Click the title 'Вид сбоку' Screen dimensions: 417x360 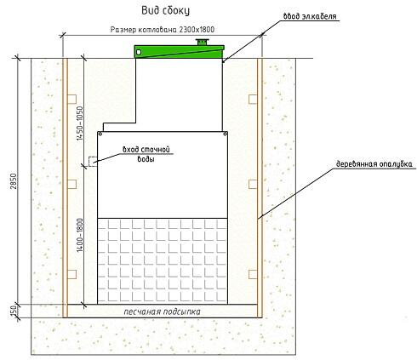pyautogui.click(x=165, y=11)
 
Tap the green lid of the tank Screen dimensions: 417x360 pyautogui.click(x=180, y=52)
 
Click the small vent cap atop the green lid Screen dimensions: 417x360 pyautogui.click(x=203, y=42)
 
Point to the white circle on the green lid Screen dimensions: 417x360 pyautogui.click(x=139, y=52)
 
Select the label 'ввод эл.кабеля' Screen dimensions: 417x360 pyautogui.click(x=310, y=16)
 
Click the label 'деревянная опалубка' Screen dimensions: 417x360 pyautogui.click(x=374, y=164)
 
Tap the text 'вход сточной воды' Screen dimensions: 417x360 pyautogui.click(x=146, y=154)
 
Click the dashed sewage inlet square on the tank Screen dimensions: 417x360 pyautogui.click(x=93, y=162)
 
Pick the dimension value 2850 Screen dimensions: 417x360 pyautogui.click(x=14, y=181)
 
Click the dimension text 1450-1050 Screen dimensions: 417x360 pyautogui.click(x=80, y=123)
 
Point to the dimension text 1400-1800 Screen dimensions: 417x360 pyautogui.click(x=80, y=235)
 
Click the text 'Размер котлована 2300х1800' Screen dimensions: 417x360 pyautogui.click(x=163, y=30)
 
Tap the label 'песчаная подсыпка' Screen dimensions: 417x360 pyautogui.click(x=162, y=311)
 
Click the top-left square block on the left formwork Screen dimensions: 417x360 pyautogui.click(x=71, y=99)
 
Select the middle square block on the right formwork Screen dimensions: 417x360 pyautogui.click(x=253, y=184)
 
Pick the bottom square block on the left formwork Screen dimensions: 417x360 pyautogui.click(x=71, y=274)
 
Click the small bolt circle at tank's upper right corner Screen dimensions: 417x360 pyautogui.click(x=226, y=134)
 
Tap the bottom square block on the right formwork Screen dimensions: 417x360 pyautogui.click(x=253, y=274)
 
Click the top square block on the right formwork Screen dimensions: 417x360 pyautogui.click(x=253, y=99)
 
